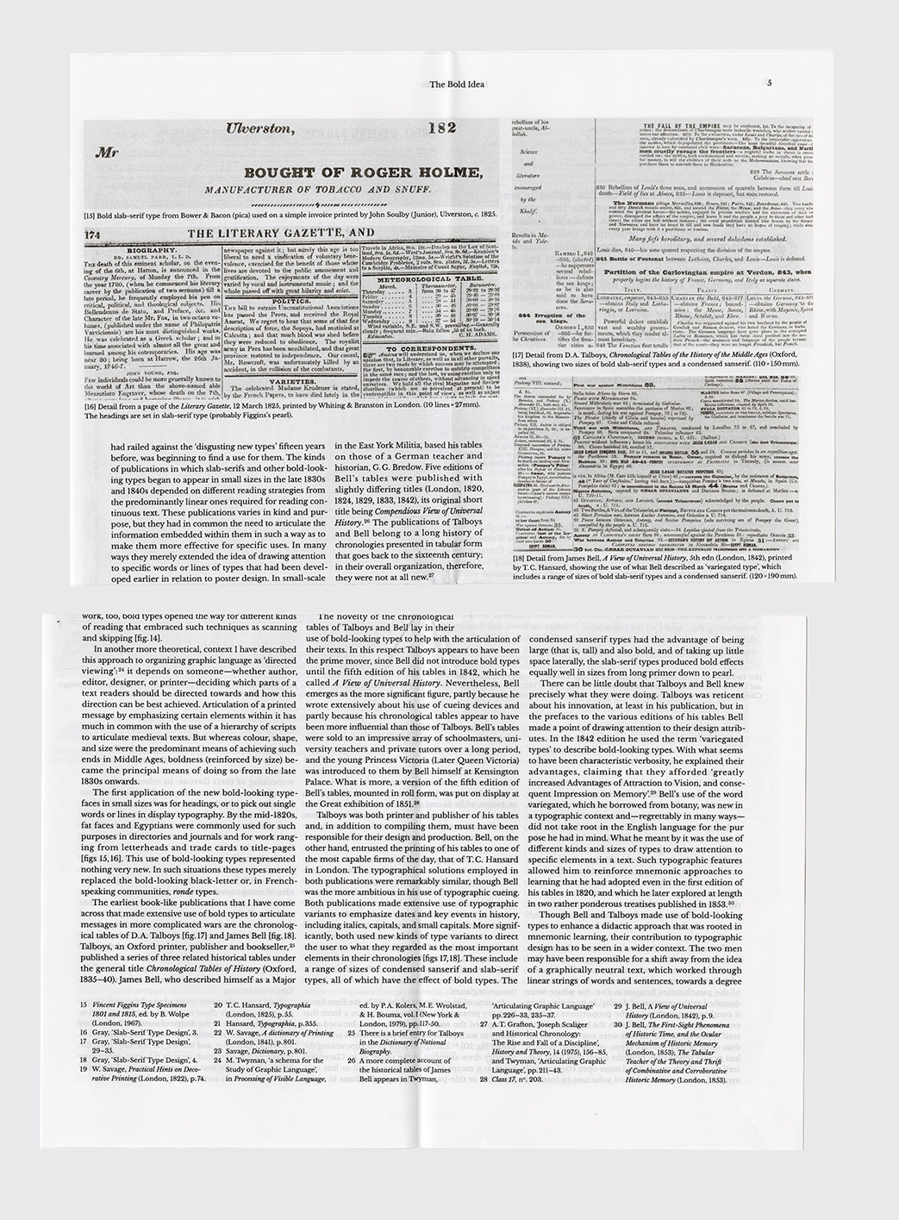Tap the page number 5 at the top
click(768, 84)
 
